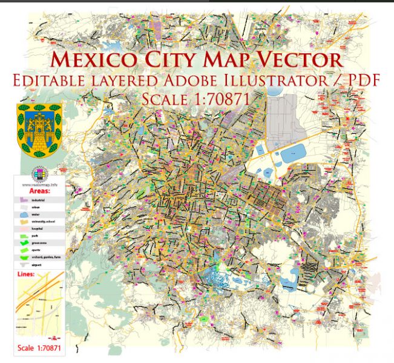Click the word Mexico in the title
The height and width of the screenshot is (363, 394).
point(95,60)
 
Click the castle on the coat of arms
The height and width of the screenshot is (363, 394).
point(38,126)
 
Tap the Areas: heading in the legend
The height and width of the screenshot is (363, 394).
point(39,189)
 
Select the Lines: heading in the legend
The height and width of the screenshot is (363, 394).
point(28,274)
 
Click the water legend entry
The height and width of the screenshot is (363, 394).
point(34,214)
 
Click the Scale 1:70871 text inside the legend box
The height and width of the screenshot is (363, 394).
point(39,347)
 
